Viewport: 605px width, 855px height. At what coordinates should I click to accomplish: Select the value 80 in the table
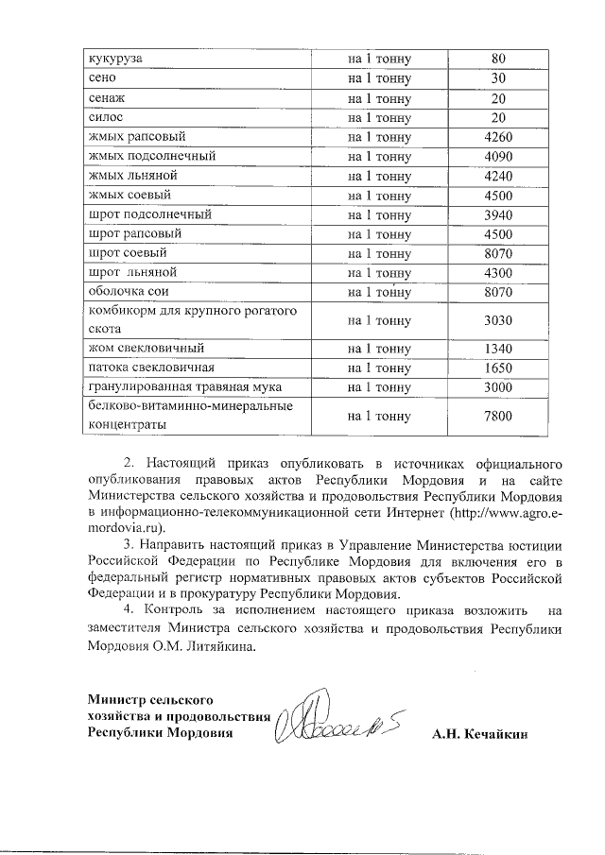pyautogui.click(x=498, y=59)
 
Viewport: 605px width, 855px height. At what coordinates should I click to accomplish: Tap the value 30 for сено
pyautogui.click(x=498, y=78)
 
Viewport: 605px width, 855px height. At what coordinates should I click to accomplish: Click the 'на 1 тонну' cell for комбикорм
pyautogui.click(x=379, y=320)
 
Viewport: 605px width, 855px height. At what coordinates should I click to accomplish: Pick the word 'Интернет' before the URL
pyautogui.click(x=418, y=512)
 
